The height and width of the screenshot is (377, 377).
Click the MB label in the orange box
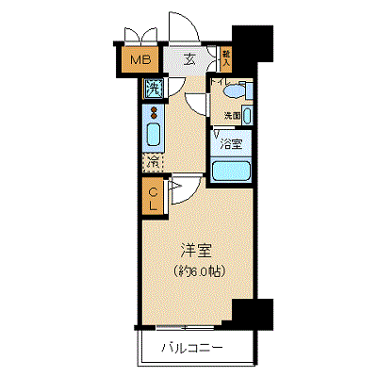pyautogui.click(x=139, y=63)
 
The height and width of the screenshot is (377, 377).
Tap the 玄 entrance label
pyautogui.click(x=189, y=60)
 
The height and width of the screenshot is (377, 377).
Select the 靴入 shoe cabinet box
pyautogui.click(x=226, y=57)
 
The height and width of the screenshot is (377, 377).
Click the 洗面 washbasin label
pyautogui.click(x=231, y=116)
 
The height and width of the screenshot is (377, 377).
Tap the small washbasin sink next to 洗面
pyautogui.click(x=247, y=115)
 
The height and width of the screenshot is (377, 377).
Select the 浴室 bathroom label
pyautogui.click(x=231, y=144)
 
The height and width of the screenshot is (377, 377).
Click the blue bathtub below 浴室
pyautogui.click(x=231, y=172)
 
